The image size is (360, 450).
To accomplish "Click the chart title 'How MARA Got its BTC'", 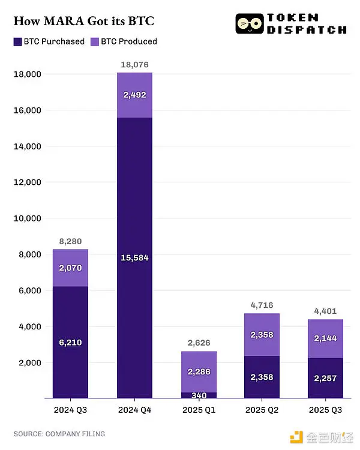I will (x=84, y=22).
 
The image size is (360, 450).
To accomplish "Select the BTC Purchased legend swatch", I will (x=17, y=41).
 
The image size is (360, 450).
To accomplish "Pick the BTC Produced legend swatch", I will (x=95, y=41).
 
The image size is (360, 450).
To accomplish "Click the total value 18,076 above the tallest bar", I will (x=134, y=64).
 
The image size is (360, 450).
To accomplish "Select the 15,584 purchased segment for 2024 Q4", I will (x=134, y=257).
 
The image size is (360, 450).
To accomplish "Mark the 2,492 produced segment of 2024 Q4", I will (x=134, y=95).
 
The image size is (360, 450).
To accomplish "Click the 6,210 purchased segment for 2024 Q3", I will (x=70, y=343).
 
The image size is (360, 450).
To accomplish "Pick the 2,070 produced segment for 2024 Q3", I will (x=70, y=268).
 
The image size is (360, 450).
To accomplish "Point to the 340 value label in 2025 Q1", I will (x=198, y=395).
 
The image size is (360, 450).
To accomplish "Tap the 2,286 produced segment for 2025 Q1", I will (x=198, y=372).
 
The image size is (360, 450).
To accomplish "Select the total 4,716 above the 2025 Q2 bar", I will (x=262, y=305).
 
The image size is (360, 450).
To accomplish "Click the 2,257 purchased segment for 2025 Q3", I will (x=325, y=378).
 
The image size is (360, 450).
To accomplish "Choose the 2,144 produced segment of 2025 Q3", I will (x=325, y=338).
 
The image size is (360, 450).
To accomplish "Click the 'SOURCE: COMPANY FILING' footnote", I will (x=59, y=433).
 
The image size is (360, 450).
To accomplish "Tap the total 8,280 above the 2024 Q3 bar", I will (x=70, y=241).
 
